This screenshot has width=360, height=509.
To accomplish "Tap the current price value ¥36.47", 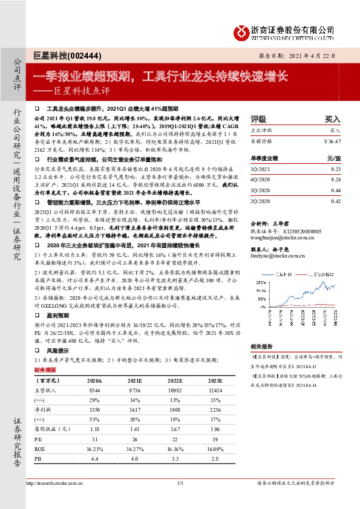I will coord(333,140).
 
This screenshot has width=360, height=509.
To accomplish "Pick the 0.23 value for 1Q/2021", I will coord(336,170).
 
